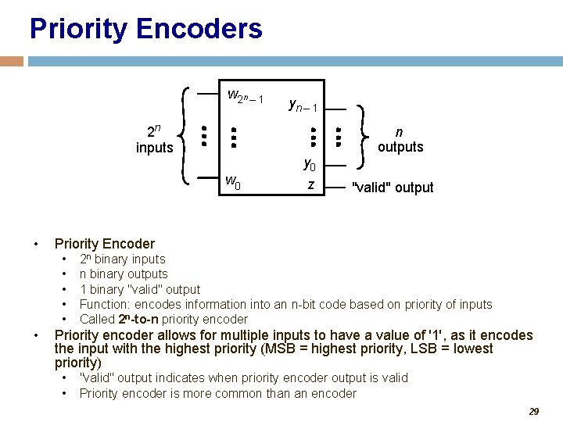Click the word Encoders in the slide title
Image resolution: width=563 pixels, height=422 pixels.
click(x=199, y=29)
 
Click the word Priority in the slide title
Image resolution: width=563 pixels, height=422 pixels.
click(x=78, y=29)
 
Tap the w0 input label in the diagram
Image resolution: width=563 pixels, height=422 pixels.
click(x=232, y=183)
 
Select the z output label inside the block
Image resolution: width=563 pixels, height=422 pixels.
click(x=311, y=184)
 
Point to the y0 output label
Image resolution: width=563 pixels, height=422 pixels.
click(x=310, y=165)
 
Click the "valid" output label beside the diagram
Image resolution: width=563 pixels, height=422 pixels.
click(x=393, y=188)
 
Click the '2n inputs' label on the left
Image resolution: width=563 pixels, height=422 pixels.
click(x=154, y=140)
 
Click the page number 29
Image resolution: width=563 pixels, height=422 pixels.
click(x=533, y=411)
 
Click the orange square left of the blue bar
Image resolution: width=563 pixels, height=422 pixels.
click(x=12, y=61)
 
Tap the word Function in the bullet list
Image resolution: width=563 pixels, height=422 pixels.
click(x=105, y=304)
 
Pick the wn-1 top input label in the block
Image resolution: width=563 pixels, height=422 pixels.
click(x=245, y=97)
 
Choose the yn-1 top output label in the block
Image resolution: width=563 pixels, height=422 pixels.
click(x=302, y=105)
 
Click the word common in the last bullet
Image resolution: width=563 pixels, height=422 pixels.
click(x=238, y=393)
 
